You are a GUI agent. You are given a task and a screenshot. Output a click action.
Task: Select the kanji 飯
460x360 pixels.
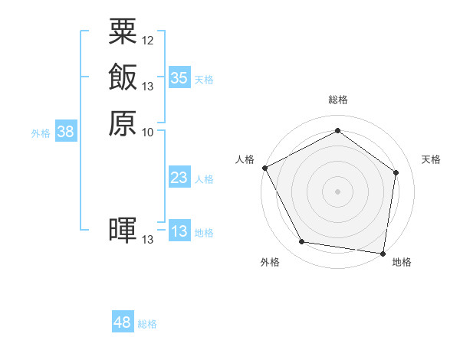[x=123, y=77]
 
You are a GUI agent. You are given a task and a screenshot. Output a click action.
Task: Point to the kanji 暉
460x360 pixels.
[x=123, y=231]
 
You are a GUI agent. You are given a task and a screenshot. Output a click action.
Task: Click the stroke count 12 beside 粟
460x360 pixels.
[x=148, y=40]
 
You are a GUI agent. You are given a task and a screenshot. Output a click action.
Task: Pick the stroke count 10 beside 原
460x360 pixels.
[x=148, y=132]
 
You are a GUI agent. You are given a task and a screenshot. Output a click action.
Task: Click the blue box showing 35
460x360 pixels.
[x=179, y=78]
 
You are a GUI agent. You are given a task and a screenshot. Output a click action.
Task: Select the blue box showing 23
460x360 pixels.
[x=179, y=178]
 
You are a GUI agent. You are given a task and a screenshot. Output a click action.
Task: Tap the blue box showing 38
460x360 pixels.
[x=66, y=132]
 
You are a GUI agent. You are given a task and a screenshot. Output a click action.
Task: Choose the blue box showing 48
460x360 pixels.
[x=123, y=322]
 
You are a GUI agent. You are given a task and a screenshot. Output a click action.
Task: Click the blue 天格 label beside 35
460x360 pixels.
[x=204, y=80]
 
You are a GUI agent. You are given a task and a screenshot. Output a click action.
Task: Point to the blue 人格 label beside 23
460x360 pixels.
[x=204, y=179]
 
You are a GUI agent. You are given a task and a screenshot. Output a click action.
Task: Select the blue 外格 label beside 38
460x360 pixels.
[x=41, y=133]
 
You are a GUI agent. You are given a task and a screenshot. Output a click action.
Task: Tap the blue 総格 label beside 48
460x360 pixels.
[x=147, y=324]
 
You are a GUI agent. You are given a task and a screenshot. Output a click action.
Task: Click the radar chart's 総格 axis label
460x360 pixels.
[x=337, y=100]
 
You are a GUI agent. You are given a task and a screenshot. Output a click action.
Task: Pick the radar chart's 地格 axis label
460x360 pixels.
[x=402, y=262]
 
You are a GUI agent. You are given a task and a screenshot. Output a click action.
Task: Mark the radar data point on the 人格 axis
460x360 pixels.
[x=264, y=168]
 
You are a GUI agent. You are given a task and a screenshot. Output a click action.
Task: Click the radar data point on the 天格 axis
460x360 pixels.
[x=396, y=172]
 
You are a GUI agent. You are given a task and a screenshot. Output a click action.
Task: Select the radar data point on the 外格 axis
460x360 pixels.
[x=302, y=242]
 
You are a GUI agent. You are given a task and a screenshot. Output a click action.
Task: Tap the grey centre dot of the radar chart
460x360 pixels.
[x=337, y=191]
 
